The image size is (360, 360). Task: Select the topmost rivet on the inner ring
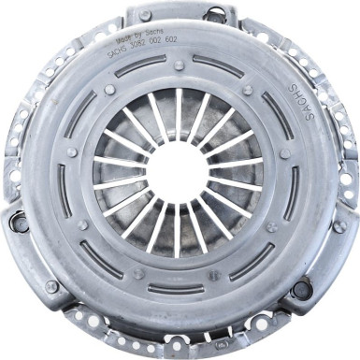coord(179,66)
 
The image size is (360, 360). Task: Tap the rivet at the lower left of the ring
coord(82,224)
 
